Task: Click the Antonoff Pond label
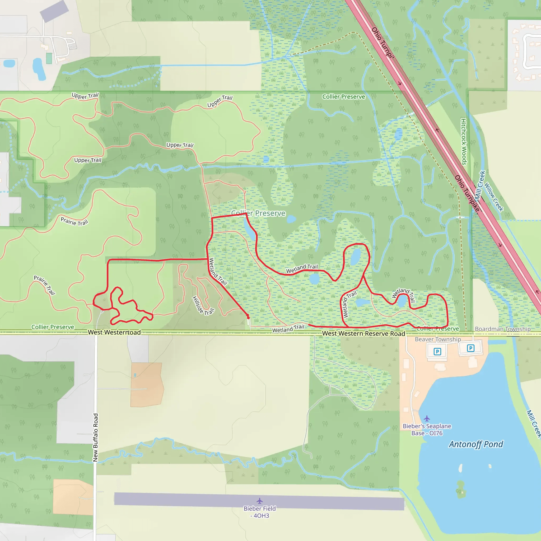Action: (476, 444)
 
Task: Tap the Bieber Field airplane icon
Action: (260, 501)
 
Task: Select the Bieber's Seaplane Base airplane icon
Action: (426, 418)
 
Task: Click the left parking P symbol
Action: (437, 351)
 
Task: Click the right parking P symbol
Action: (470, 348)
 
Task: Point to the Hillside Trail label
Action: (203, 306)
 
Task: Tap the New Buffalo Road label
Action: (95, 437)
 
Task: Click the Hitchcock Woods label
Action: (464, 142)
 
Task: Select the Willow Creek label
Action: (494, 197)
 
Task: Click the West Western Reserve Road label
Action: (363, 334)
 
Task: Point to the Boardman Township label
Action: (503, 329)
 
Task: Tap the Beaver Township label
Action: (438, 339)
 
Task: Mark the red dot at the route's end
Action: (248, 318)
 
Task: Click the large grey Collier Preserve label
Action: (258, 213)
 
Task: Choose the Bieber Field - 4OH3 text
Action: (260, 512)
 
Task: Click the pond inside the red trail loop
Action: (356, 257)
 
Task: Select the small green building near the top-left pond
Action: (49, 58)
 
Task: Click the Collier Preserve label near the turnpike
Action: (344, 97)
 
